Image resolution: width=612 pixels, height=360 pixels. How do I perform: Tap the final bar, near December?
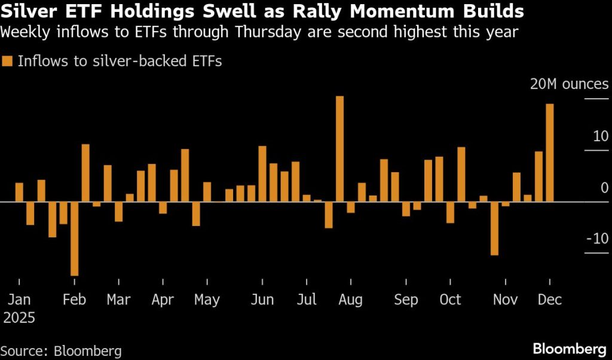click(x=549, y=152)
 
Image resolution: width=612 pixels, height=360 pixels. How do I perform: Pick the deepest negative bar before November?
click(x=494, y=228)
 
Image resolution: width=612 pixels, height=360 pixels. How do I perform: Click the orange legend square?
click(x=8, y=61)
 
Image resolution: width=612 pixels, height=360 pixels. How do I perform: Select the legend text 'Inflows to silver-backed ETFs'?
click(x=120, y=61)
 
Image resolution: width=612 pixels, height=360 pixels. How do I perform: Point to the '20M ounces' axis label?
click(x=569, y=84)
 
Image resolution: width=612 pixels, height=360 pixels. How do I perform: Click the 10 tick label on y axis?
click(x=599, y=136)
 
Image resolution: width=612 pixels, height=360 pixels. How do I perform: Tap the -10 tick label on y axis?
click(x=596, y=239)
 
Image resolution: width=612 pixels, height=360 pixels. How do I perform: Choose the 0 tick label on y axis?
click(x=604, y=188)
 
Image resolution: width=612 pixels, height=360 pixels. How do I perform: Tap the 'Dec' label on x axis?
click(x=550, y=299)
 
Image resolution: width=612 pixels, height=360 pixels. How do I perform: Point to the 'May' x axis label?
click(x=207, y=299)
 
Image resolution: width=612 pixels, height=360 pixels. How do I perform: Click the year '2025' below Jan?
click(x=19, y=317)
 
